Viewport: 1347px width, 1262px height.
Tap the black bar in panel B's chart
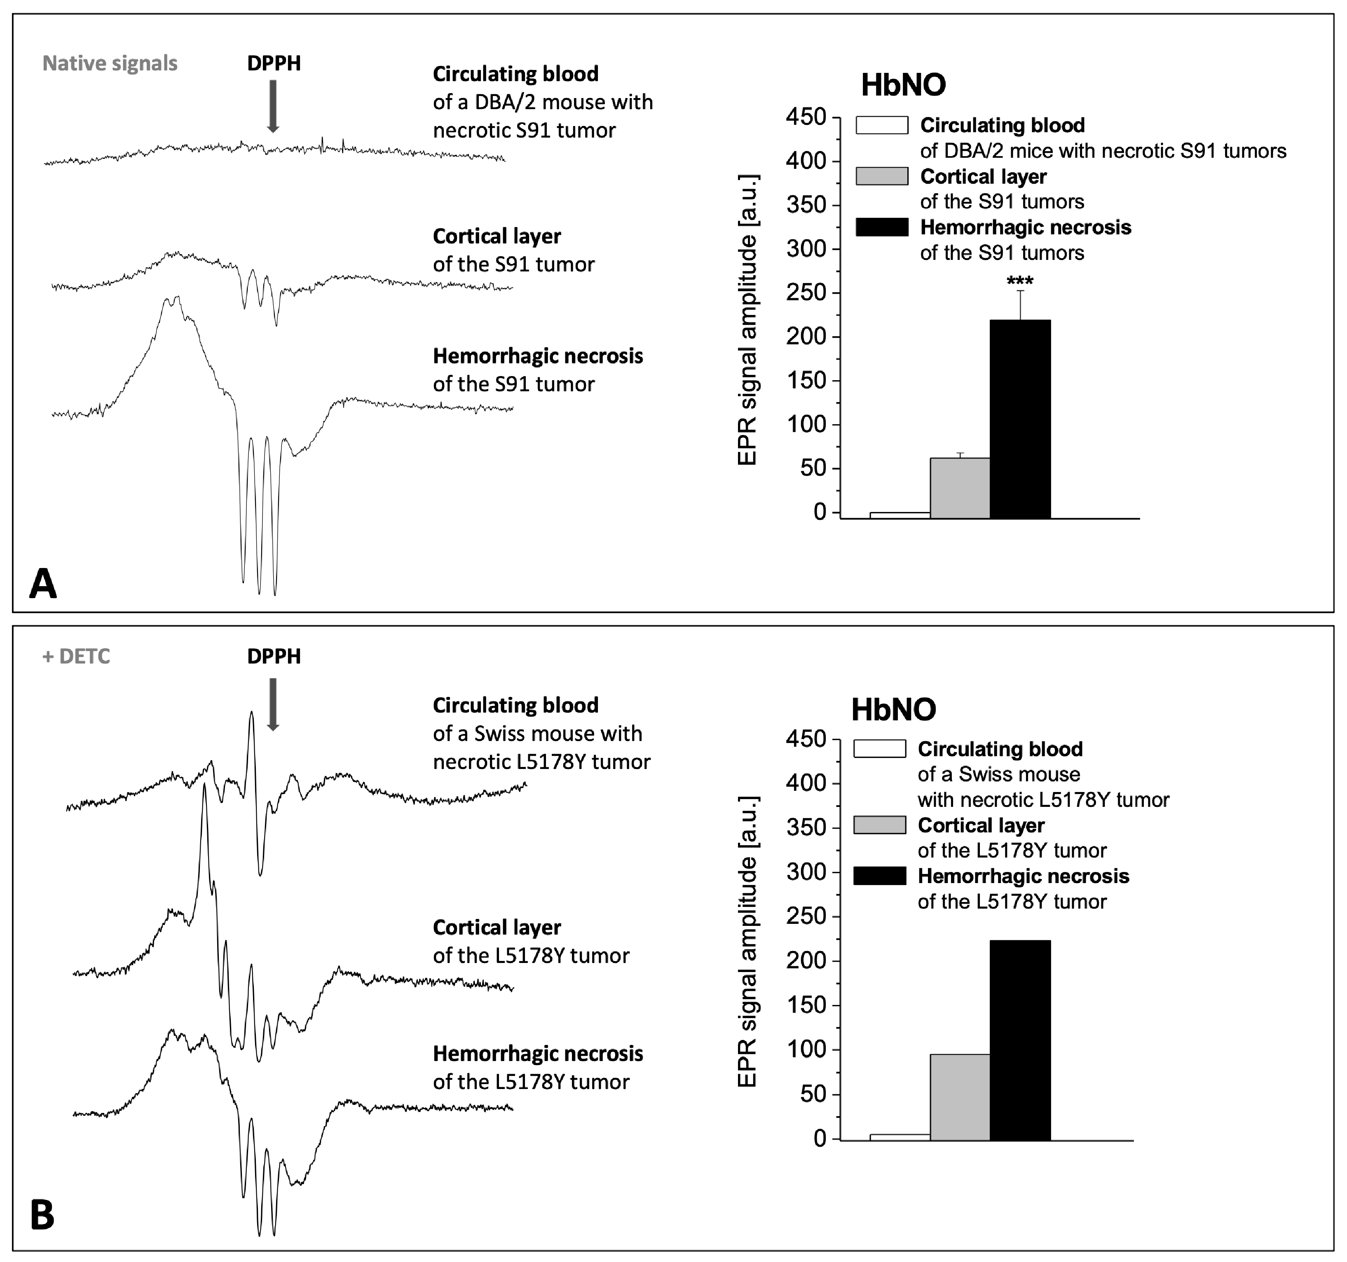tap(1020, 1040)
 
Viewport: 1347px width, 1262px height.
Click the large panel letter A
tap(43, 584)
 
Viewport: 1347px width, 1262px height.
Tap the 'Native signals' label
tap(110, 63)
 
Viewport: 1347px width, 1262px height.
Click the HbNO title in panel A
tap(903, 85)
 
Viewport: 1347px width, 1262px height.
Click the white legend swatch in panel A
tap(881, 125)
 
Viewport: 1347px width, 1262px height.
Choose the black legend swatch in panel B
tap(879, 876)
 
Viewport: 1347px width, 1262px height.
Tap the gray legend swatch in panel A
tap(881, 176)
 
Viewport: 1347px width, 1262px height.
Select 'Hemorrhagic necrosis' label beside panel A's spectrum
tap(537, 356)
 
